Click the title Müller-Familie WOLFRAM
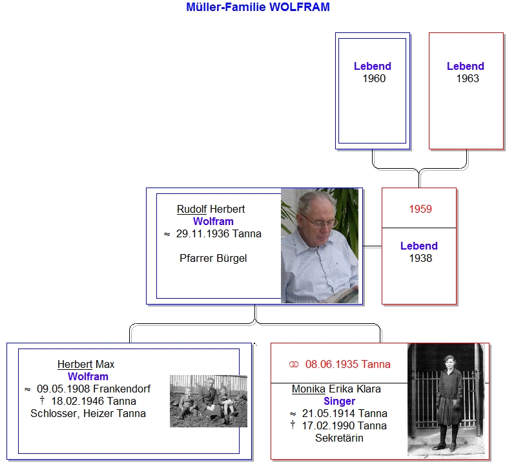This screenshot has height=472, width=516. coord(258,7)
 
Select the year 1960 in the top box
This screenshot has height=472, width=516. coord(374,79)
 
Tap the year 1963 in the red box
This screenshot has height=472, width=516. coord(468,79)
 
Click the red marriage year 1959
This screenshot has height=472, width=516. coord(420,209)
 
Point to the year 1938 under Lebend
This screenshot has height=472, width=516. coord(420,258)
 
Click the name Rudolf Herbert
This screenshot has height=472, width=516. coord(211,209)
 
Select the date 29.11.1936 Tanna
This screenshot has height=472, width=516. coord(219,234)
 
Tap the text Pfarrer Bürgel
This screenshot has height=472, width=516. coord(213,258)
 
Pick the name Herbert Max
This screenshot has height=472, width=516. coord(86,364)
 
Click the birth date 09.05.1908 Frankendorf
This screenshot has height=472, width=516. coord(94,389)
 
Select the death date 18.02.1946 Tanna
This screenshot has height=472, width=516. coord(94,401)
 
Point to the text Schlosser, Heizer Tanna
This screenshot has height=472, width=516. coord(88,414)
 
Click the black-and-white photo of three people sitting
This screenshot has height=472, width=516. coord(209,401)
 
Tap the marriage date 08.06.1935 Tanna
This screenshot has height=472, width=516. coord(348,364)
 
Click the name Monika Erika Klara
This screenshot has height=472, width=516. coord(336,389)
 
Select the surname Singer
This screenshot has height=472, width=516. coord(339,401)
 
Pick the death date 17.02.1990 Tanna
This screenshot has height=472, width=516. coord(344,426)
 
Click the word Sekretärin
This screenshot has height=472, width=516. coord(339,438)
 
